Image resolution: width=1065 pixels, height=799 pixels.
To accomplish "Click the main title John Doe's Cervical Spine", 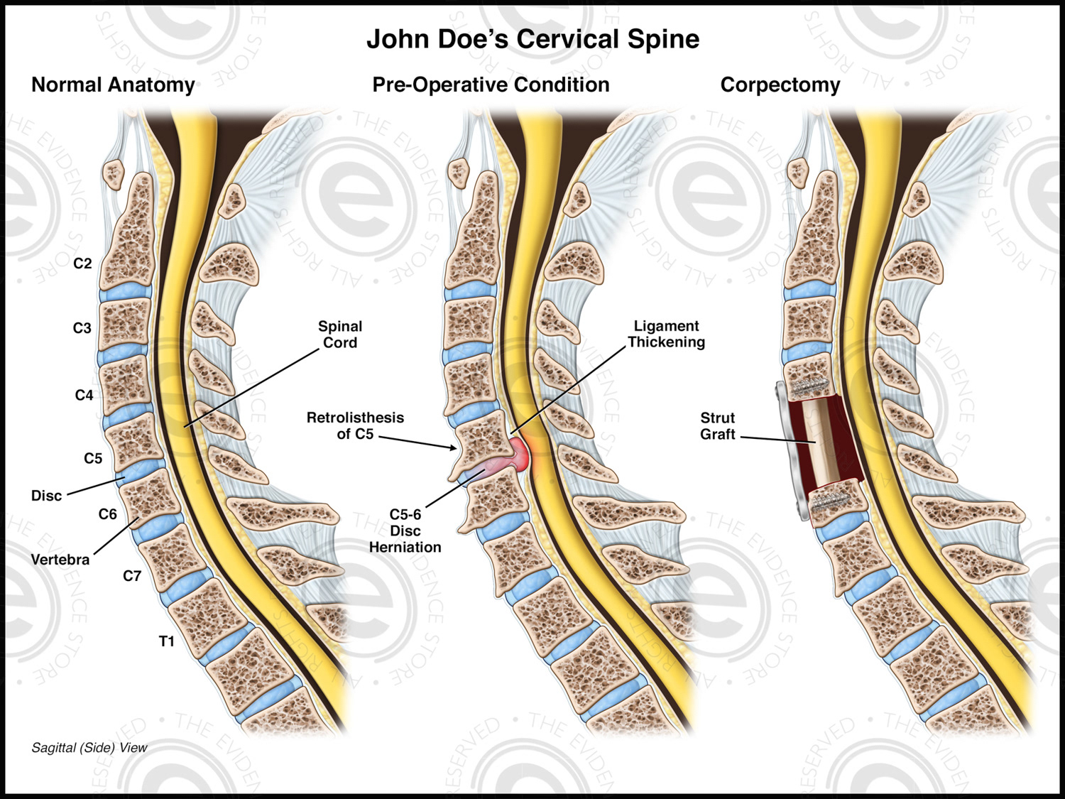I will click(x=532, y=39).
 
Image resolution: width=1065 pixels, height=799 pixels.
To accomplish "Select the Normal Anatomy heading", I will click(x=113, y=85).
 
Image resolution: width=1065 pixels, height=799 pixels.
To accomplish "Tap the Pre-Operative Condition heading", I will click(x=491, y=85).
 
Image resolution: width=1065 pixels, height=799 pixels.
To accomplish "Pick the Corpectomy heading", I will click(x=780, y=85).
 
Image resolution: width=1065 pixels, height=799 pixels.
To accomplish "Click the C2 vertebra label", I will click(x=83, y=263).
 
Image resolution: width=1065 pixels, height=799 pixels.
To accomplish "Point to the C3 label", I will click(x=82, y=328).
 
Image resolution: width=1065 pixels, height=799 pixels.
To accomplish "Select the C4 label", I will click(x=84, y=395).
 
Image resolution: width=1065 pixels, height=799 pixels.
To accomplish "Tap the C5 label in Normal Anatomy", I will click(x=93, y=459).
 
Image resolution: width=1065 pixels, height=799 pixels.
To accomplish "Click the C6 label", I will click(x=108, y=514).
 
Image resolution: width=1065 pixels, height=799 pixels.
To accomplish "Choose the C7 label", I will click(x=132, y=576).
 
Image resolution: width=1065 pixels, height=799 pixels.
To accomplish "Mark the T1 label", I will click(x=167, y=642).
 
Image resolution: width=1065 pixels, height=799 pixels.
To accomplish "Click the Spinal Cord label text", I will click(x=340, y=335).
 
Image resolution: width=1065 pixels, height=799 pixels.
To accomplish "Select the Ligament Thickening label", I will click(x=666, y=334).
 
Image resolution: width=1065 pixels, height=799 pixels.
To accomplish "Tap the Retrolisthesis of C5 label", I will click(x=355, y=425).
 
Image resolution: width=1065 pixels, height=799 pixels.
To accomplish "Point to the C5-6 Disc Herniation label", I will click(x=405, y=531).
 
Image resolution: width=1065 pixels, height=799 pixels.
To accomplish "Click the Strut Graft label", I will click(x=718, y=426).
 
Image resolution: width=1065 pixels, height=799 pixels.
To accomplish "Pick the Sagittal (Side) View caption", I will click(x=89, y=748).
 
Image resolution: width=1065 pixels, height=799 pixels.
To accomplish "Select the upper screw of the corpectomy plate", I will click(x=812, y=388).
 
